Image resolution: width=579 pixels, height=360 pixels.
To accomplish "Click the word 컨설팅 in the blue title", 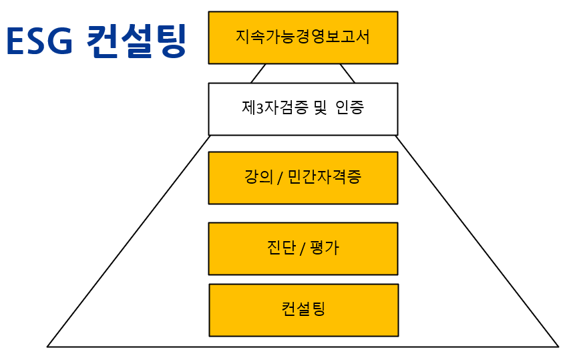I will click(136, 41).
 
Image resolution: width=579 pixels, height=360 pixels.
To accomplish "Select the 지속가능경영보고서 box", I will click(303, 37).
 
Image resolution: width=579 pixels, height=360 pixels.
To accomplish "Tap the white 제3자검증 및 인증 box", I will click(303, 109).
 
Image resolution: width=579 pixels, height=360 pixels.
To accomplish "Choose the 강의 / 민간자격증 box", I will click(303, 178).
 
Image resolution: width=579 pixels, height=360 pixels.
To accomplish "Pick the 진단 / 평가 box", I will click(303, 248).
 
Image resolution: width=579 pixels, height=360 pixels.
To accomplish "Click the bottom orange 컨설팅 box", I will click(303, 310).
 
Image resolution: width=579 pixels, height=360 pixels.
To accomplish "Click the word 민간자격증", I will click(324, 178).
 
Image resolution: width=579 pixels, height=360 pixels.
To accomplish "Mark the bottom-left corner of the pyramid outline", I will click(48, 346).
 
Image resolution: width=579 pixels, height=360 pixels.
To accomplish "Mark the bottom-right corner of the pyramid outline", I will click(558, 346).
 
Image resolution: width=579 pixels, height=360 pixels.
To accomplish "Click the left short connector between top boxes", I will click(258, 73).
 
